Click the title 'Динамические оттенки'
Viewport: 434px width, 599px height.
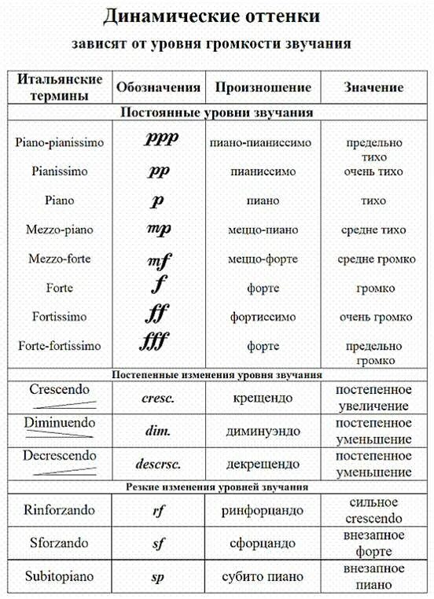216,16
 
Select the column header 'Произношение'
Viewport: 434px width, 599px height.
263,87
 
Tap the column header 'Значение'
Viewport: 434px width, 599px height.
373,87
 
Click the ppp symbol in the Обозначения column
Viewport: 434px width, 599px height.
162,139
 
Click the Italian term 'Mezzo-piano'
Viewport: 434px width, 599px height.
60,230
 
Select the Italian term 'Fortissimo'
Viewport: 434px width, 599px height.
60,317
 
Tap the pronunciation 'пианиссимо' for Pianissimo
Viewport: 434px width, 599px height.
263,171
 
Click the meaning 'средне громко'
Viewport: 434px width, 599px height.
373,259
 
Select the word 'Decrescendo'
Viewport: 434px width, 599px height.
60,456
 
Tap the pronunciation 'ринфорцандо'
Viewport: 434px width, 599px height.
263,510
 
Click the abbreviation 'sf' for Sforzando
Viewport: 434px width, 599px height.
158,543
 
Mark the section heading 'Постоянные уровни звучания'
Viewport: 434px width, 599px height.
216,112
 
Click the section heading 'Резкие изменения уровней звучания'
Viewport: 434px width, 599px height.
216,487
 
